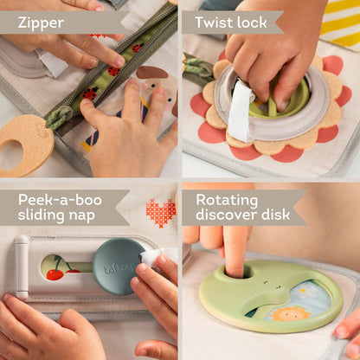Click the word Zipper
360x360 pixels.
pyautogui.click(x=41, y=22)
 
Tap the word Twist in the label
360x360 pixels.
pyautogui.click(x=215, y=22)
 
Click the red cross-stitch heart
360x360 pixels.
pyautogui.click(x=161, y=210)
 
